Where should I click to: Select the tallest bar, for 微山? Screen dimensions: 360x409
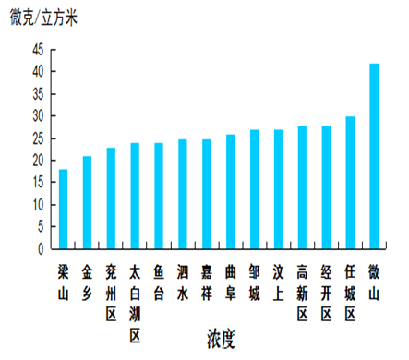pos(374,156)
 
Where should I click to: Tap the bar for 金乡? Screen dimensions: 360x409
pos(87,202)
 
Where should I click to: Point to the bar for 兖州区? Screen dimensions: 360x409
pos(111,198)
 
